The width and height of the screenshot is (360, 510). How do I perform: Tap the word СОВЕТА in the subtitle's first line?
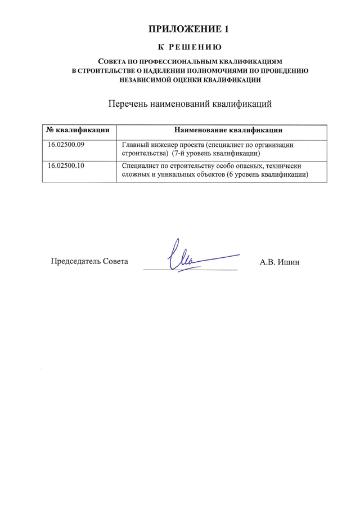click(x=114, y=61)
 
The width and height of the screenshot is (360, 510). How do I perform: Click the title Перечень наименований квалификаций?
click(x=190, y=104)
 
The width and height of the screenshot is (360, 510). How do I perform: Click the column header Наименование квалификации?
click(x=228, y=130)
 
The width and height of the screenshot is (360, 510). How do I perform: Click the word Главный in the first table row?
click(x=137, y=145)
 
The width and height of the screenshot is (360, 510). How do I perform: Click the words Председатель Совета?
click(x=89, y=261)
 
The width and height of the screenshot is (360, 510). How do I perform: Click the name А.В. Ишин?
click(x=275, y=262)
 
